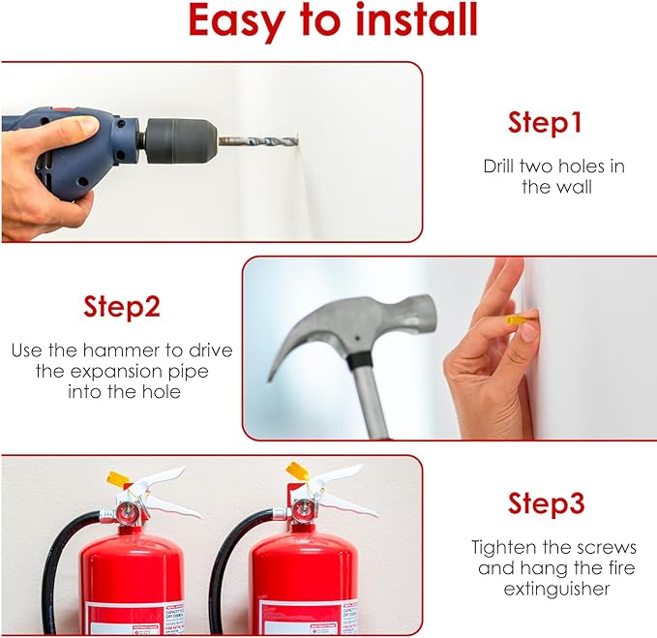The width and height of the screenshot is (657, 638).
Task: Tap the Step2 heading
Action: [121, 307]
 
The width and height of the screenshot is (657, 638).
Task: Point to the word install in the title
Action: [406, 20]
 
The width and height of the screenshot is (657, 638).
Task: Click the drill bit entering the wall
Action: [256, 141]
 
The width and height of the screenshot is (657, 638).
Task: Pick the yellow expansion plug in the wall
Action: [516, 319]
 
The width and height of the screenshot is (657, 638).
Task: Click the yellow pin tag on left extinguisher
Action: [119, 477]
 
